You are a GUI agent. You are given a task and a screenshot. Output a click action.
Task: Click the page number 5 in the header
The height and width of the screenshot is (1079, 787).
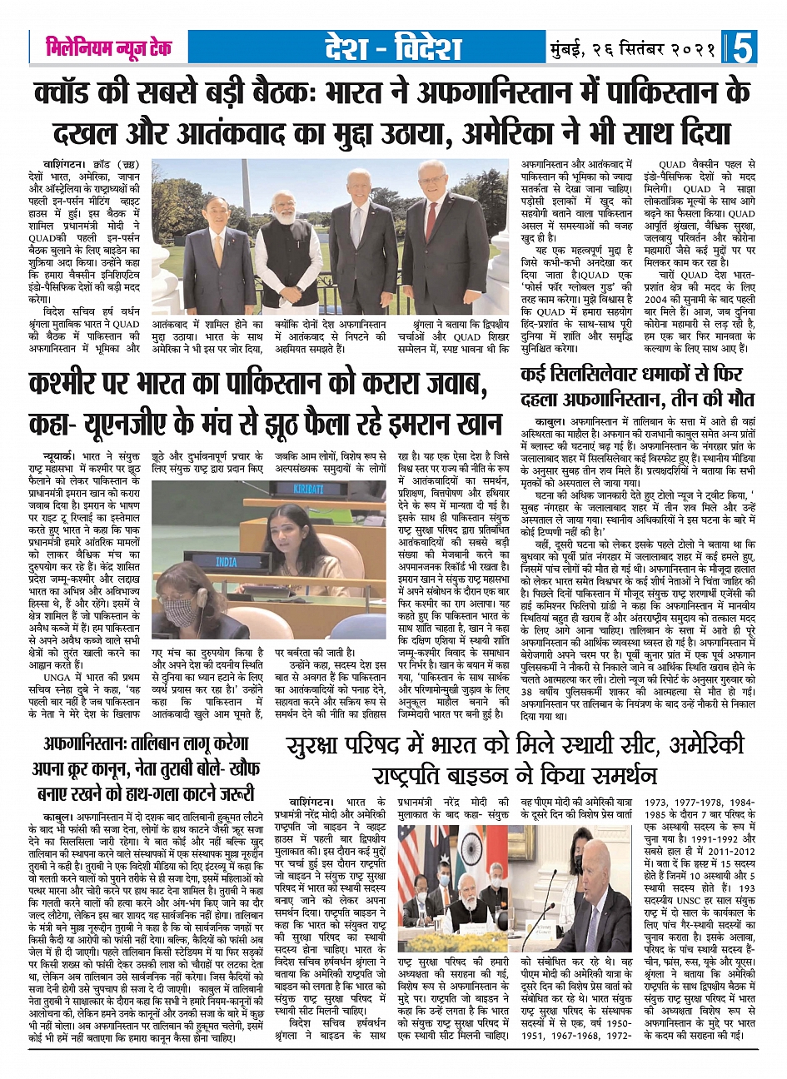[740, 47]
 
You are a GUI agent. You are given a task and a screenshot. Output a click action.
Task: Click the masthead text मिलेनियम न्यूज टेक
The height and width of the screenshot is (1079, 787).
[108, 47]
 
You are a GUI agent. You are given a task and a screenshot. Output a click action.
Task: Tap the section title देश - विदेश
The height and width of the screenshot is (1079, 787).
[395, 48]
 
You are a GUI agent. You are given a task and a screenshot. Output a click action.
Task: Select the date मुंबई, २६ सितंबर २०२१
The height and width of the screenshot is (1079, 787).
[633, 48]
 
